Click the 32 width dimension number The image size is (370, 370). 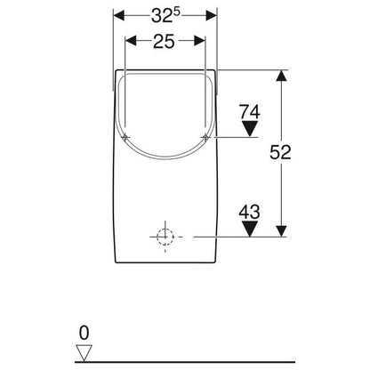pos(162,16)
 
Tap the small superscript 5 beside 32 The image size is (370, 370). pos(177,12)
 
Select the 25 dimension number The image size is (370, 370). pos(164,41)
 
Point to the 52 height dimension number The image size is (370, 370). pos(280,152)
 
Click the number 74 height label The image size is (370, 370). pos(250,112)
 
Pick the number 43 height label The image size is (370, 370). pos(250,213)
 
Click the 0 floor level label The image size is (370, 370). pos(84,333)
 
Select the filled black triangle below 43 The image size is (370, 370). pos(250,229)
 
